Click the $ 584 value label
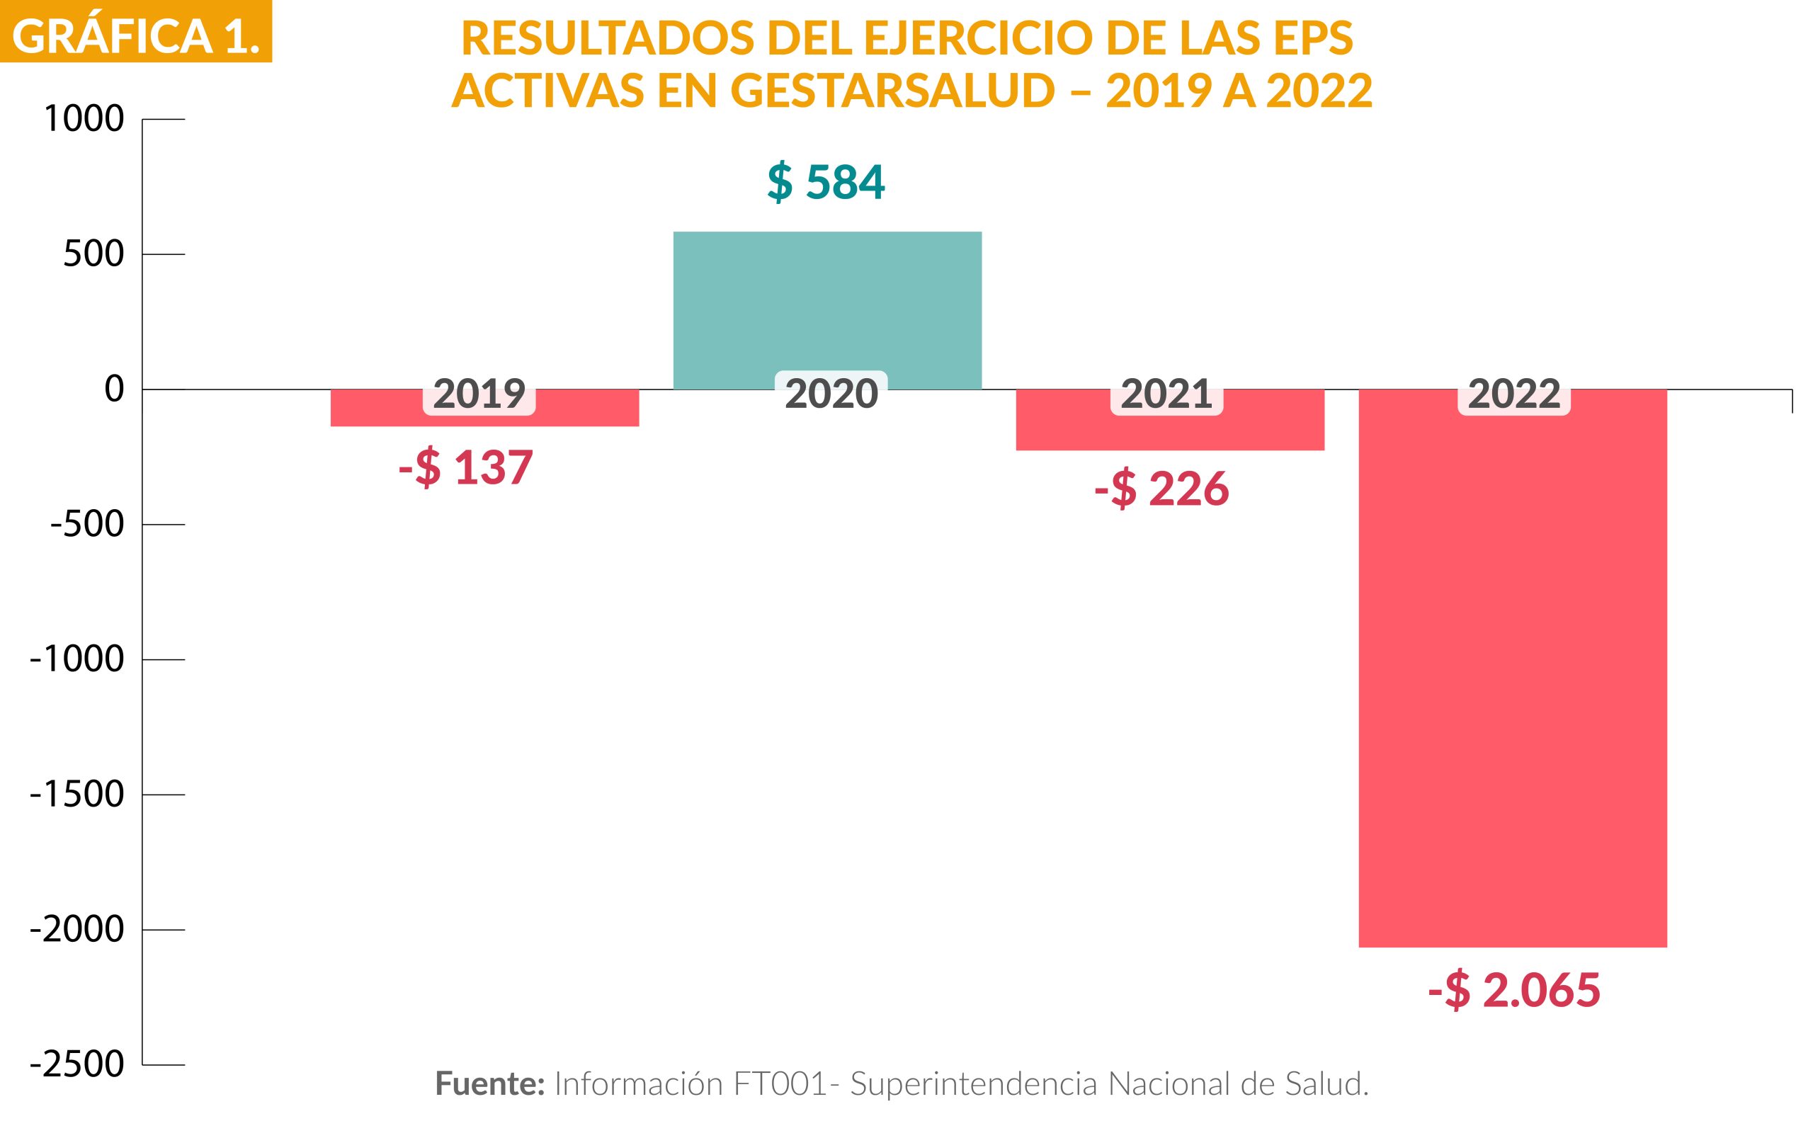pyautogui.click(x=826, y=183)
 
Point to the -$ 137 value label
pyautogui.click(x=466, y=469)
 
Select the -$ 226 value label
pyautogui.click(x=1161, y=489)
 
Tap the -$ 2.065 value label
pyautogui.click(x=1514, y=991)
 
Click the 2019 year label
pyautogui.click(x=479, y=394)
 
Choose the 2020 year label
pyautogui.click(x=831, y=394)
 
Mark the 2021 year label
pyautogui.click(x=1166, y=394)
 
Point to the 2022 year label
pyautogui.click(x=1514, y=394)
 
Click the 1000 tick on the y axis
pyautogui.click(x=84, y=120)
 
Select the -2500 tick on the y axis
pyautogui.click(x=76, y=1064)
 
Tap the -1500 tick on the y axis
pyautogui.click(x=76, y=795)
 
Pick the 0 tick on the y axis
pyautogui.click(x=113, y=389)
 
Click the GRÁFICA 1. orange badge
pyautogui.click(x=136, y=33)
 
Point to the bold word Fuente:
pyautogui.click(x=490, y=1084)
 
